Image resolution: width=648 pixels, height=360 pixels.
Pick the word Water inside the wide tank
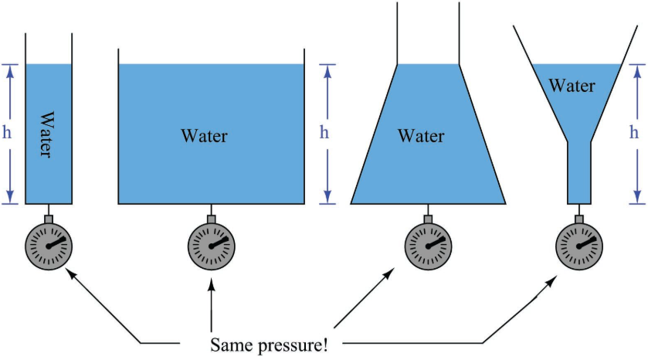point(204,137)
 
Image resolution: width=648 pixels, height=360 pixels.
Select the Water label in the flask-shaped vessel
point(421,137)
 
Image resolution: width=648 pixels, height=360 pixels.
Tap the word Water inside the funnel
point(572,86)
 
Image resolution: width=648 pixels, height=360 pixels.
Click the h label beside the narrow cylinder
point(8,132)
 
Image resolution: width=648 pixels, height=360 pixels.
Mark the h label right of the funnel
point(635,132)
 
